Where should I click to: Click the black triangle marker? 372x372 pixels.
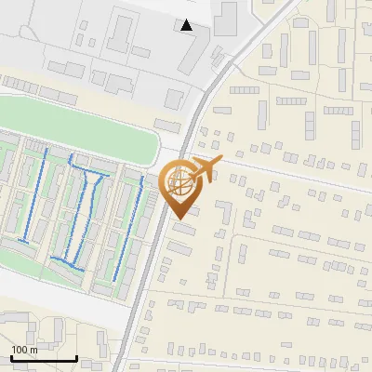point(187,25)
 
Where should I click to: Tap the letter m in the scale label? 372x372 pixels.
point(34,350)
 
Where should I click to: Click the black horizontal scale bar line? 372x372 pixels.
point(43,358)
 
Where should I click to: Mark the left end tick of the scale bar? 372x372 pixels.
point(10,355)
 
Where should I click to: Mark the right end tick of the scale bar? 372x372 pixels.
point(76,355)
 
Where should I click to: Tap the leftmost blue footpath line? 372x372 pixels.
point(25,195)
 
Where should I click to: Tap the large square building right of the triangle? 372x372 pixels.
point(226,19)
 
